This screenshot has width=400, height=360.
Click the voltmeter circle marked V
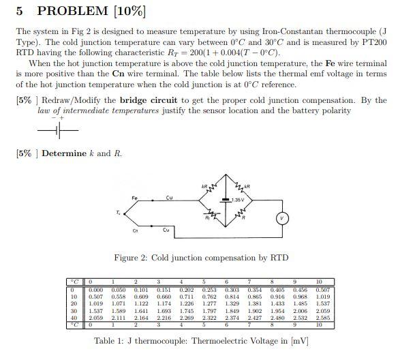(281, 217)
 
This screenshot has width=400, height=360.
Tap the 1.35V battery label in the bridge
(236, 200)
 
